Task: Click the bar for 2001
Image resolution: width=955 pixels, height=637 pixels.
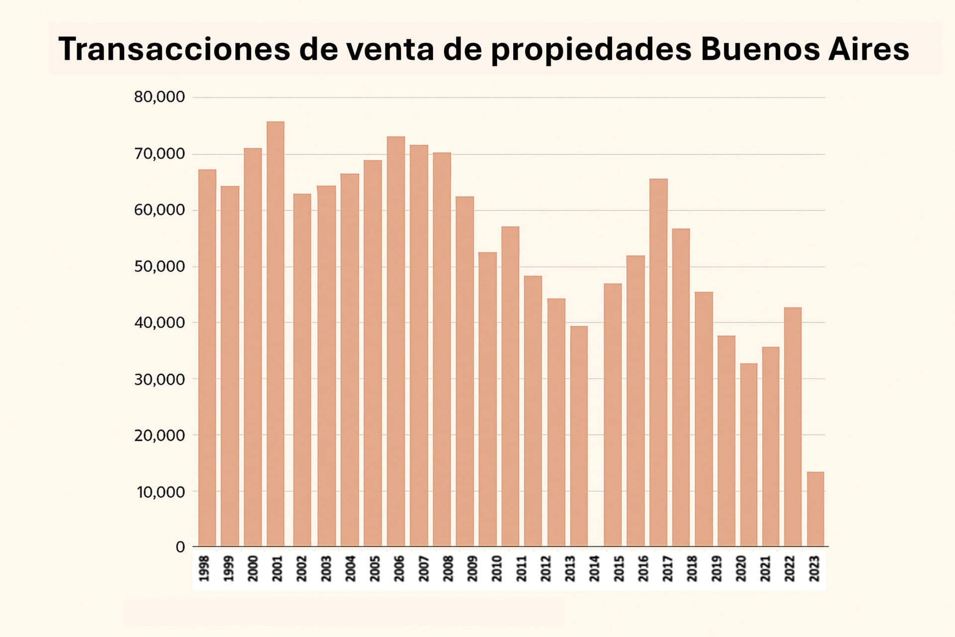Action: pos(276,333)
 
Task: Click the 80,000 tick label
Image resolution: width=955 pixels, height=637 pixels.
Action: pos(159,97)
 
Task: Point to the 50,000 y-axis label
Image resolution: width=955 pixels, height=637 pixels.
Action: pos(159,267)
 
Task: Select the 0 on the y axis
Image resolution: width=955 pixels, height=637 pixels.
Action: pos(180,547)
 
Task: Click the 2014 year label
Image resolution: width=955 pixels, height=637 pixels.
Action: pos(594,569)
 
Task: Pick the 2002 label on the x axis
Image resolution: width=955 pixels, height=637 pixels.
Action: pos(302,569)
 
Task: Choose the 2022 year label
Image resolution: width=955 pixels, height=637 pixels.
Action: pos(790,569)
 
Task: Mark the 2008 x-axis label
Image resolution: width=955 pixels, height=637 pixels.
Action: pos(448,569)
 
